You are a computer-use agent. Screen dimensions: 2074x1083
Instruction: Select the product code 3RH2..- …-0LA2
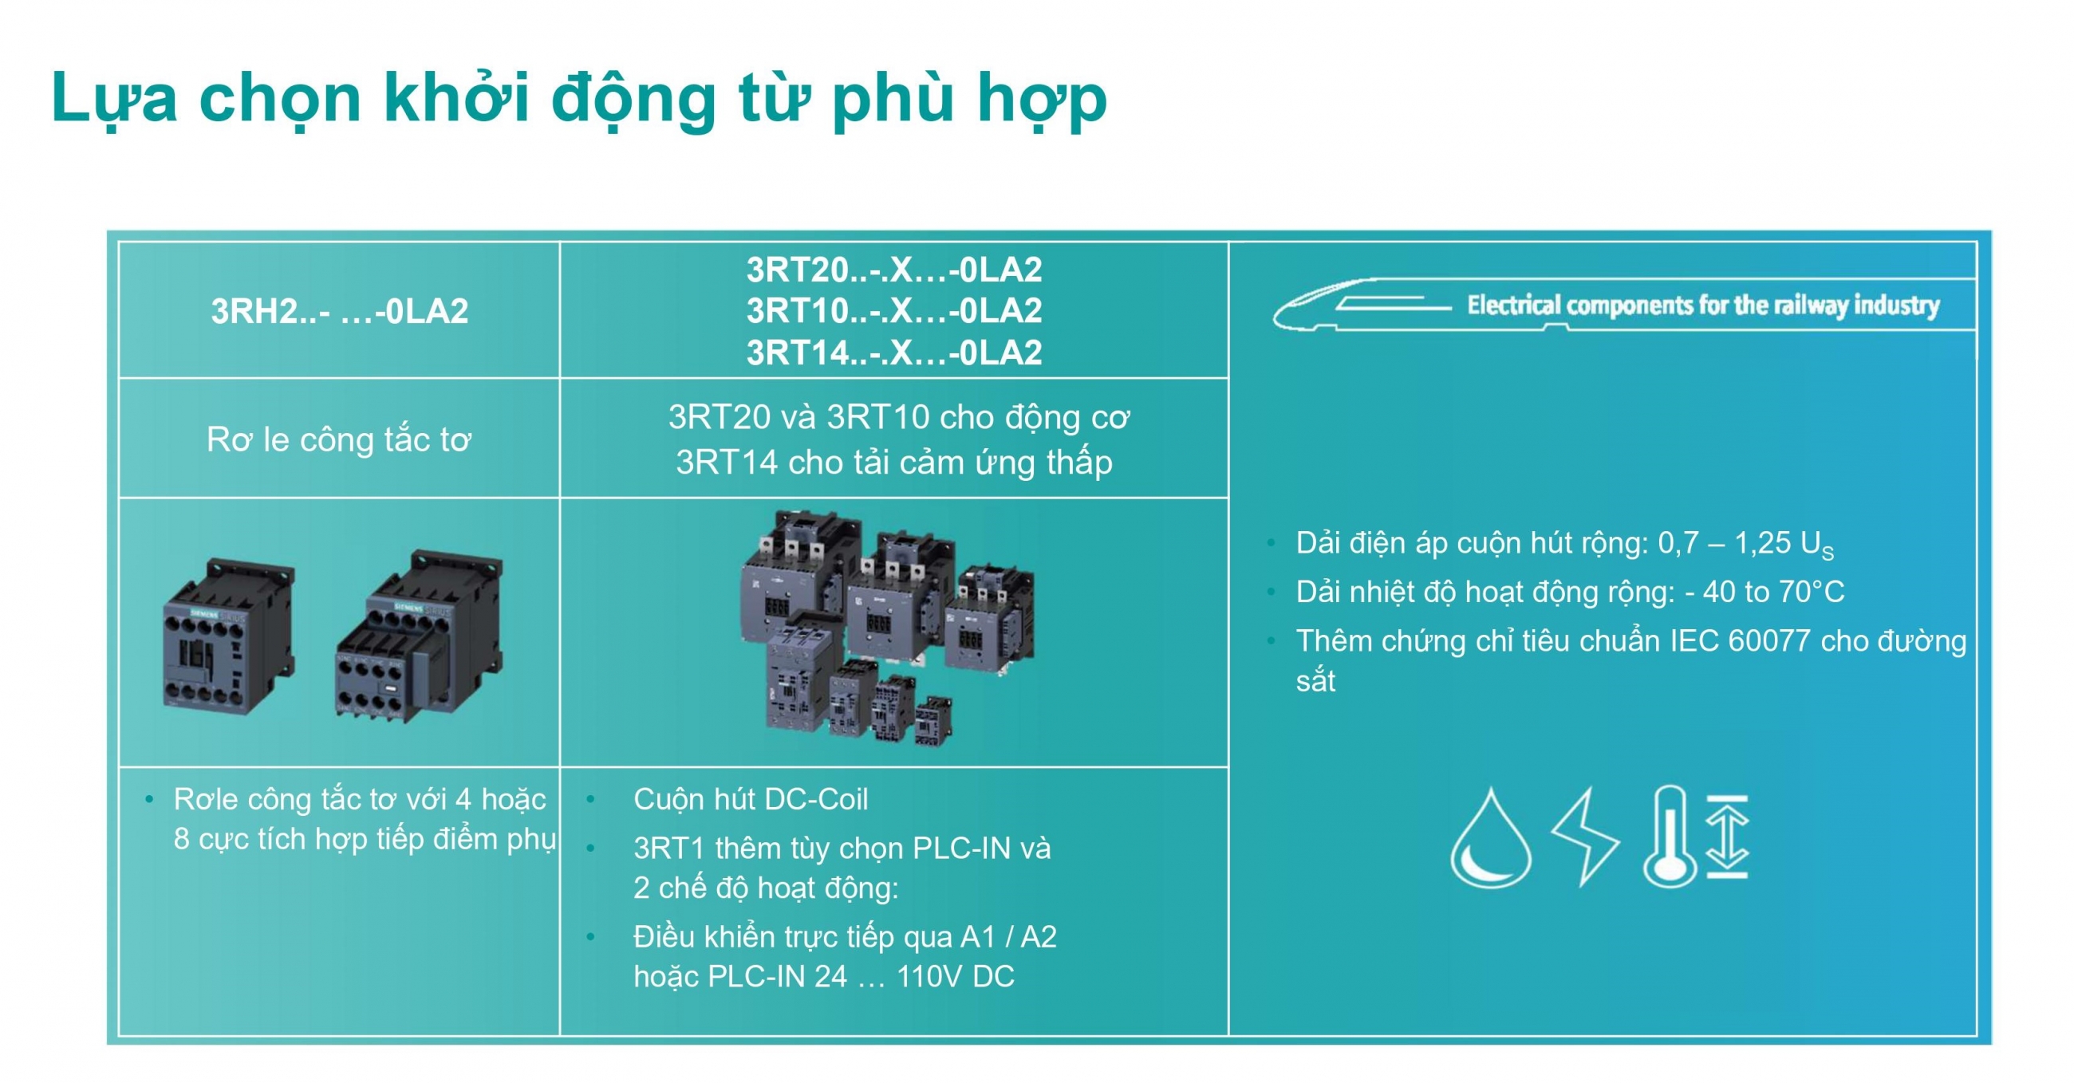tap(340, 311)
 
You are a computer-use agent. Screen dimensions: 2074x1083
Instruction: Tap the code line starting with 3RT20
tap(893, 269)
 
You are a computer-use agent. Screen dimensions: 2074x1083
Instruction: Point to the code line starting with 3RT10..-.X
tap(893, 311)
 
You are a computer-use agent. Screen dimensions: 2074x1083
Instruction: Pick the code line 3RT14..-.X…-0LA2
tap(893, 352)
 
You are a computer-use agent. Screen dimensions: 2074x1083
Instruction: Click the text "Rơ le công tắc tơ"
tap(339, 439)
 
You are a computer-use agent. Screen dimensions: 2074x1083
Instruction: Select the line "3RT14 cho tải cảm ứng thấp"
tap(893, 463)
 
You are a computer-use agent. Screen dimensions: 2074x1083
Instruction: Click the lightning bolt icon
tap(1584, 837)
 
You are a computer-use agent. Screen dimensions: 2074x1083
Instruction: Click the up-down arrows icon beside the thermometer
tap(1727, 836)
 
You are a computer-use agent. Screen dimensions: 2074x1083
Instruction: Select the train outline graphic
tap(1361, 305)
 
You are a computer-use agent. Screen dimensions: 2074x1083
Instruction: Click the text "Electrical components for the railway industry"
tap(1703, 305)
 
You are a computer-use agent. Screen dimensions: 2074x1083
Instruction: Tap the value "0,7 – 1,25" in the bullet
tap(1721, 543)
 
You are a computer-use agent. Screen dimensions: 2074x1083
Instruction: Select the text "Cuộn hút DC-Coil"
tap(751, 800)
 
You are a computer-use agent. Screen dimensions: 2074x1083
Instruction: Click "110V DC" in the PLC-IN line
tap(955, 977)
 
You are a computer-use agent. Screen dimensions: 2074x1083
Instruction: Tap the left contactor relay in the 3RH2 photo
tap(229, 637)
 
